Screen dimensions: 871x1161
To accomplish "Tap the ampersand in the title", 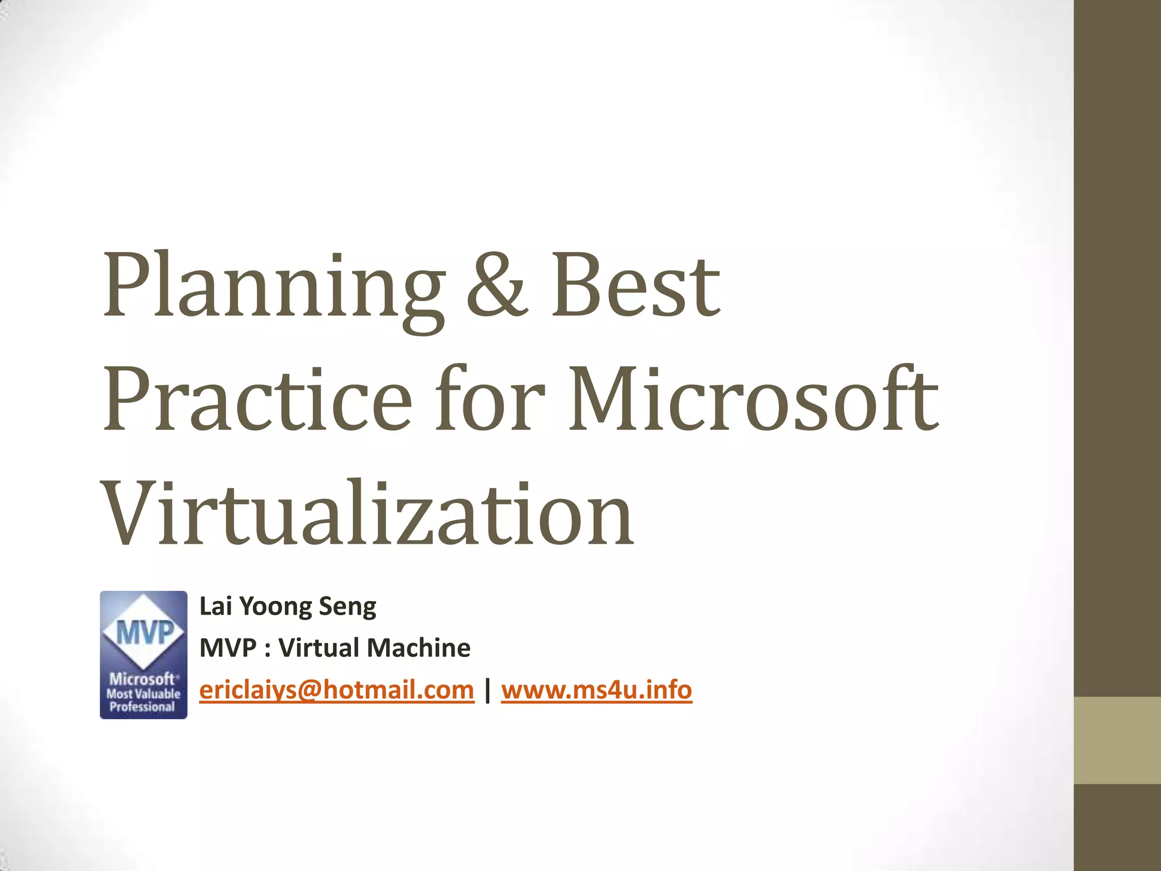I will [x=497, y=286].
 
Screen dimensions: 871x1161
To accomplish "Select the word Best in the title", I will [x=635, y=286].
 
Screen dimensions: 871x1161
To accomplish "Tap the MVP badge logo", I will [x=143, y=655].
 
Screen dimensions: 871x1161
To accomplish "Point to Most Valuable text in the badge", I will [x=143, y=694].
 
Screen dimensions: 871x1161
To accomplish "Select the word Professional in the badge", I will [x=142, y=707].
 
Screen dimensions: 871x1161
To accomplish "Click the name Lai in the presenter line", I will [x=215, y=606].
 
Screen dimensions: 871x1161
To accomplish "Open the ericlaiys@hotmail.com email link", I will [x=337, y=690].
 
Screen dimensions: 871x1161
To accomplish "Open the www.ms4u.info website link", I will [x=596, y=690].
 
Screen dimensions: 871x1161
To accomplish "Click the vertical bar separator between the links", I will [x=488, y=690].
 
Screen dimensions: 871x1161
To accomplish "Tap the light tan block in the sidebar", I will [x=1117, y=740].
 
